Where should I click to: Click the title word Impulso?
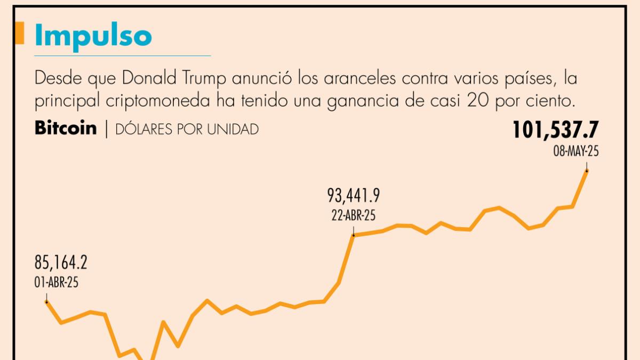coord(93,36)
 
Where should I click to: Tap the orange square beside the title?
coord(20,33)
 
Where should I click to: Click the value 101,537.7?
coord(556,131)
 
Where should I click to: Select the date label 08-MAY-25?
coord(576,151)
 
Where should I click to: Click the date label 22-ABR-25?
coord(353,216)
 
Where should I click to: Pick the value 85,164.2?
coord(61,263)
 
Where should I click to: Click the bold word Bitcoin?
coord(66,129)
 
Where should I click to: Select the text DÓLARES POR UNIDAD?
coord(186,129)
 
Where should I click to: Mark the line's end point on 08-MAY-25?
coord(587,171)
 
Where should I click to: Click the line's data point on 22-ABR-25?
coord(353,235)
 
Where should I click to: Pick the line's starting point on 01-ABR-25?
coord(46,302)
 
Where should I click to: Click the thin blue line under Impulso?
coord(123,55)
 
